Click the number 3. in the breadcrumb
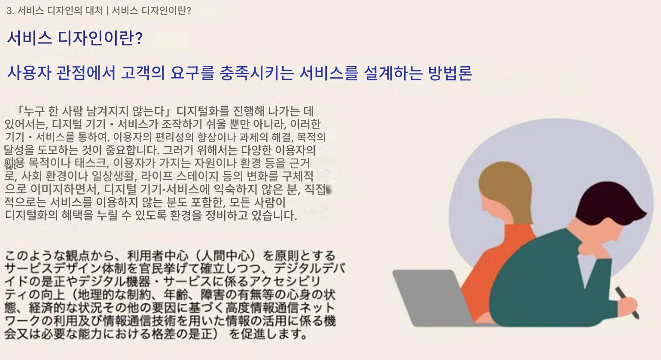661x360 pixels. coord(10,11)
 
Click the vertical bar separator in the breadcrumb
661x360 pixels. coord(107,11)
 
